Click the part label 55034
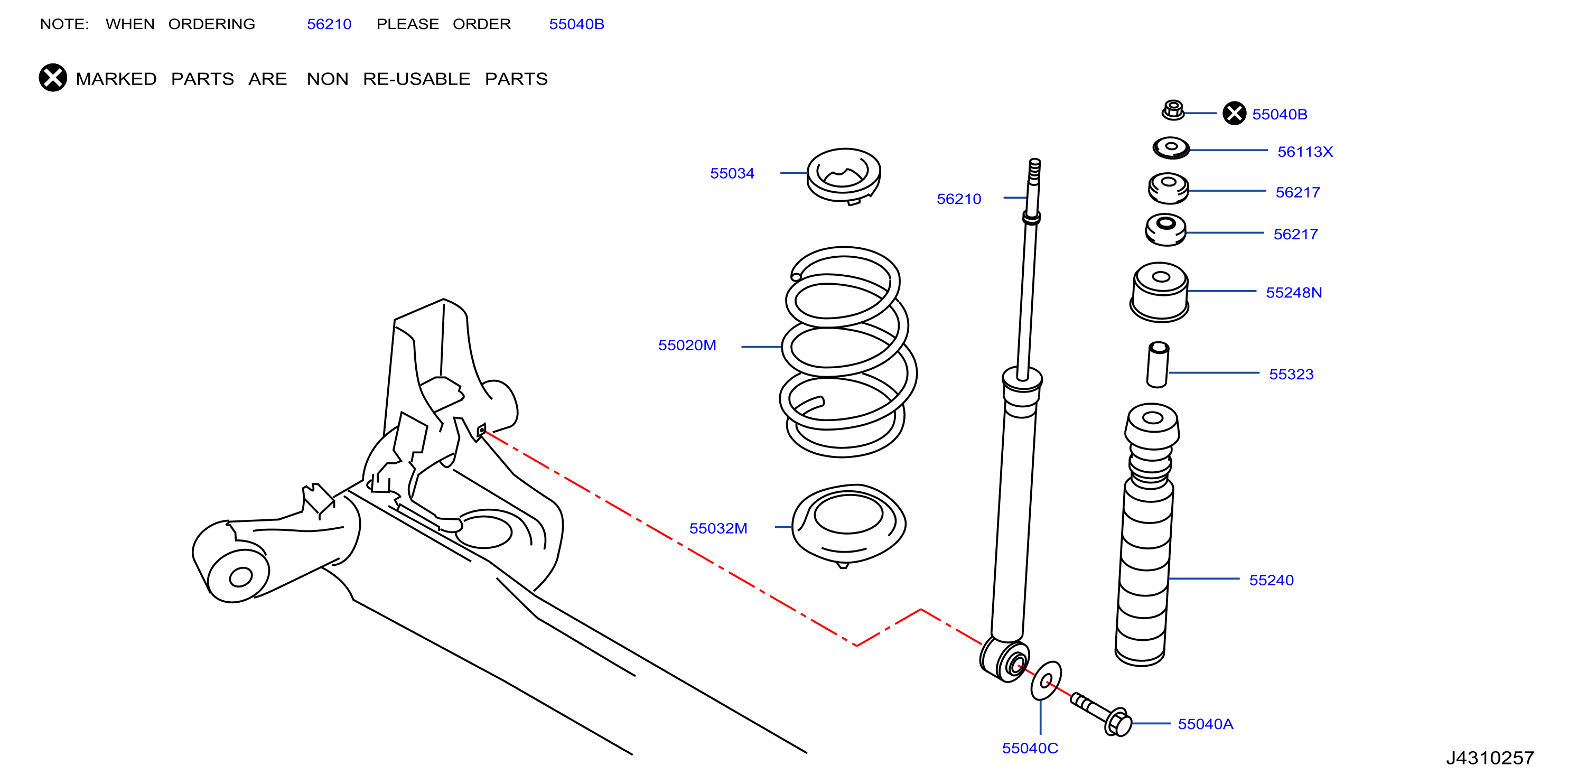click(732, 173)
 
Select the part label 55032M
click(718, 529)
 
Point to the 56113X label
click(1305, 152)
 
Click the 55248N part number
click(1294, 293)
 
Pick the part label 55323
click(1291, 375)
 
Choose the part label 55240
click(1271, 580)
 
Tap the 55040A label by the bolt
click(1205, 724)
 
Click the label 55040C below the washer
click(1030, 748)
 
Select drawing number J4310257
click(1490, 758)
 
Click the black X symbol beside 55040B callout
click(1234, 114)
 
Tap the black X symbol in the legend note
click(53, 78)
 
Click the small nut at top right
click(1173, 110)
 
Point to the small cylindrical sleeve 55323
click(1158, 365)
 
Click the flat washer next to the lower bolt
click(1046, 680)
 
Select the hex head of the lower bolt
click(1118, 722)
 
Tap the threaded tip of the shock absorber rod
click(1034, 171)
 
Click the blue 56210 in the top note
click(329, 24)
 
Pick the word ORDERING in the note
click(211, 24)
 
